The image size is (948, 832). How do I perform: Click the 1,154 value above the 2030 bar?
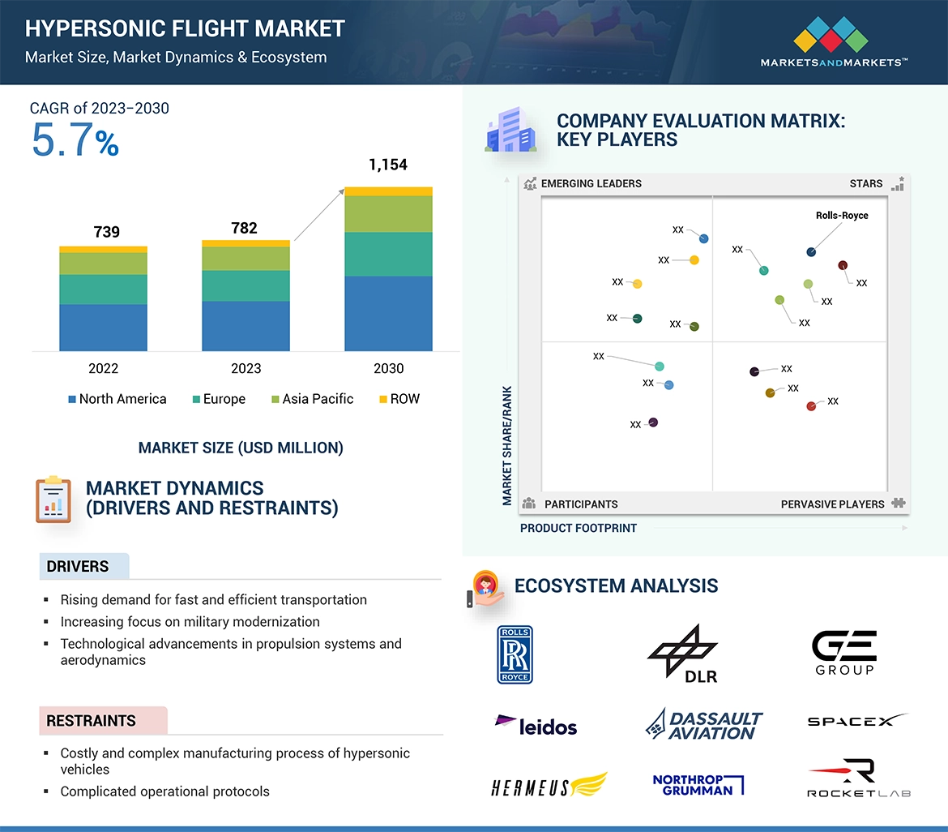[388, 165]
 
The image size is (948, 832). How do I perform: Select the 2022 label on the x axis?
[103, 368]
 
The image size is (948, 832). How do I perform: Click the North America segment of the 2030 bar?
[388, 313]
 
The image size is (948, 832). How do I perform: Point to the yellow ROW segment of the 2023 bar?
[246, 243]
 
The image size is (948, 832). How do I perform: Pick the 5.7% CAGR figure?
[75, 139]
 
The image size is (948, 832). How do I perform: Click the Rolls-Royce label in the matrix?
[842, 216]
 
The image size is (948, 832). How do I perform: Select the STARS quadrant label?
[866, 183]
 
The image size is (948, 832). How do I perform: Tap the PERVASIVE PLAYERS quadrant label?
[832, 504]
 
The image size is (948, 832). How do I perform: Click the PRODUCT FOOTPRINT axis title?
[579, 528]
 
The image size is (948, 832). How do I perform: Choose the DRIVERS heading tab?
[78, 566]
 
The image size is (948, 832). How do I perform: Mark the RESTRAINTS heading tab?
[91, 720]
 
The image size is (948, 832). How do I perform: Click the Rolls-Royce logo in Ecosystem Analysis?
[515, 654]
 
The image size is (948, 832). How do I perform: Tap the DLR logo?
[683, 654]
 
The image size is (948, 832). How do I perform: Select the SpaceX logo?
[857, 720]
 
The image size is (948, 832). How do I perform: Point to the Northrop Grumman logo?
[698, 785]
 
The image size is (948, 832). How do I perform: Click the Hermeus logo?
[549, 786]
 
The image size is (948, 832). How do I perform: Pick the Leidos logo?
[536, 724]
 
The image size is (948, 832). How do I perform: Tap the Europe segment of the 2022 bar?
[103, 289]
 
